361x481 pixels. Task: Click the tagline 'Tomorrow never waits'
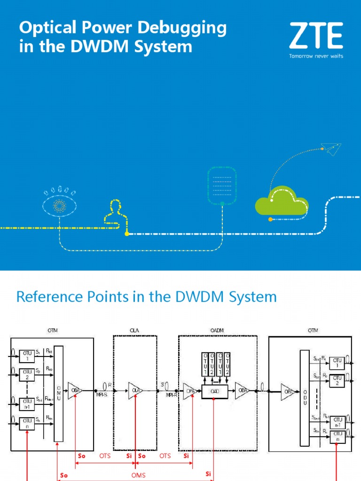point(316,56)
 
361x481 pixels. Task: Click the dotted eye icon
point(59,205)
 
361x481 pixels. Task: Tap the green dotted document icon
point(222,186)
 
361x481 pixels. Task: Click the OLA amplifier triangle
point(134,390)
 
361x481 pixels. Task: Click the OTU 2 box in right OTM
point(336,380)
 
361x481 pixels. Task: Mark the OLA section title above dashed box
point(134,331)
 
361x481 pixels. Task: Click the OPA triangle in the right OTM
point(287,390)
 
